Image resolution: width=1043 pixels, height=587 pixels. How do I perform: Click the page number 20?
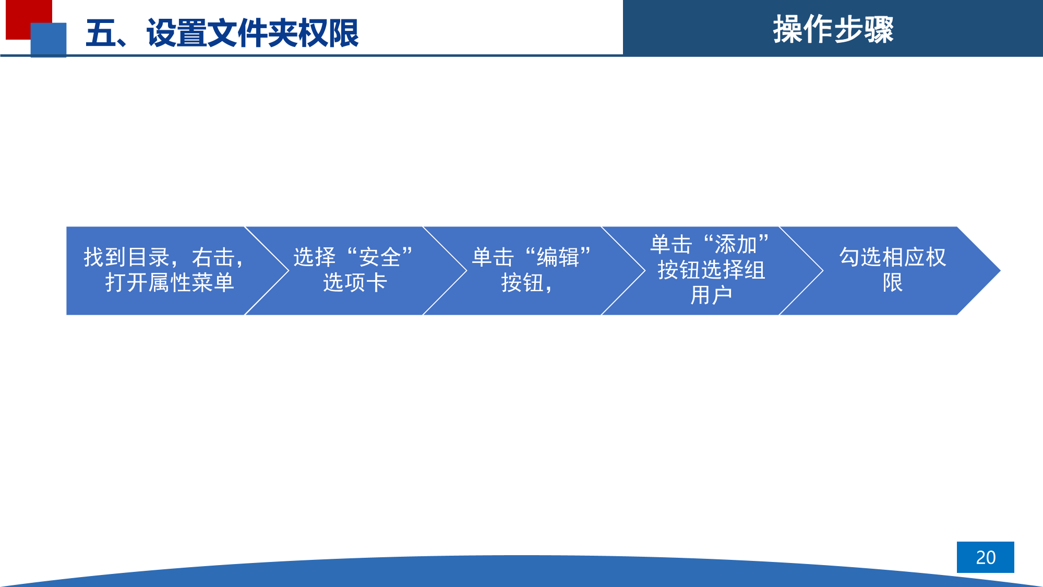(x=986, y=557)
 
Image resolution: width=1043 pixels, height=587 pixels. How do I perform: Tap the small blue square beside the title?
(x=49, y=40)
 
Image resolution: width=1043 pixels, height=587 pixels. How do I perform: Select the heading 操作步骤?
(x=833, y=29)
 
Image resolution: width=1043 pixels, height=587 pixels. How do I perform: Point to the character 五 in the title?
(x=101, y=33)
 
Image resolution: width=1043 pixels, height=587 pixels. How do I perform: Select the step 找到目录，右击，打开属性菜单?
(x=164, y=270)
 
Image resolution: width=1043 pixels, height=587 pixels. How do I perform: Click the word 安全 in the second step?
(x=379, y=258)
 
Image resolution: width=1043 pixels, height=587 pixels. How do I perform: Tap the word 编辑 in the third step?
(x=558, y=258)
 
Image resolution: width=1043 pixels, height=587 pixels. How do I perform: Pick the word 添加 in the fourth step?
(x=736, y=244)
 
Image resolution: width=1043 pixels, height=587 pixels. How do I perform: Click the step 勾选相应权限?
(x=892, y=270)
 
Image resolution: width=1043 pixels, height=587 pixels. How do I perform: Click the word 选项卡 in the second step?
(x=355, y=283)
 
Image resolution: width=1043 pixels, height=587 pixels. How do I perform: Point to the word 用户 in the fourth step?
(x=711, y=295)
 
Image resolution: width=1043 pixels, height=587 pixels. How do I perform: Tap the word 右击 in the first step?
(x=213, y=258)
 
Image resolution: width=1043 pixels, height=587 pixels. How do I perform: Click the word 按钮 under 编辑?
(x=522, y=283)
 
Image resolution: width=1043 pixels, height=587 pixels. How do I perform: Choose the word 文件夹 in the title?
(x=253, y=33)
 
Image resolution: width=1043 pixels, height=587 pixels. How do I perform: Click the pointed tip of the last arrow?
(x=1000, y=271)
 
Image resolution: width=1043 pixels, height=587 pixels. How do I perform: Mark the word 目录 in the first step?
(x=148, y=258)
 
